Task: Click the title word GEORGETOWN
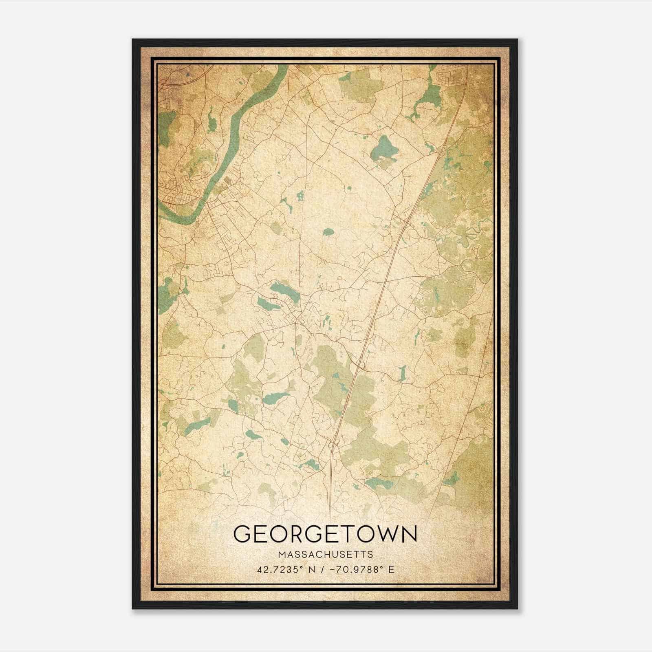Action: (325, 534)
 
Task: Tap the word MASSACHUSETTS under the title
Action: (325, 554)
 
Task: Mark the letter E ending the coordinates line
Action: (391, 569)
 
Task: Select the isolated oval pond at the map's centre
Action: (328, 233)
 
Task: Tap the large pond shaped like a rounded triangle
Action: (383, 149)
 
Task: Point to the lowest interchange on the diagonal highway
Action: (333, 444)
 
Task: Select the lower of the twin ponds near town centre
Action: (267, 304)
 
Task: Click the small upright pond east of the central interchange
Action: (402, 372)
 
